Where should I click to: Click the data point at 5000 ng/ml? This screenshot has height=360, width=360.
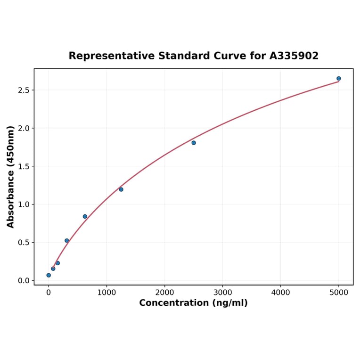(338, 79)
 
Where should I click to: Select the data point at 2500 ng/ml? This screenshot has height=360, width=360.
(194, 143)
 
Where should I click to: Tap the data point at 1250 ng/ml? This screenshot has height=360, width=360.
(121, 189)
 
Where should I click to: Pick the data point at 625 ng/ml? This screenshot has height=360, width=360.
(85, 217)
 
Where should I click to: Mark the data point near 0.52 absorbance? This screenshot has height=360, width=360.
(67, 241)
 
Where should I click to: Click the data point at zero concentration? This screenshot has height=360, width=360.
(49, 275)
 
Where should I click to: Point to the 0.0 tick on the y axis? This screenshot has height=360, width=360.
(24, 281)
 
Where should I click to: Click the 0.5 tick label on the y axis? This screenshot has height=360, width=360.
(24, 243)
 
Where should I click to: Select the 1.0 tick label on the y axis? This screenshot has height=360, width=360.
(24, 205)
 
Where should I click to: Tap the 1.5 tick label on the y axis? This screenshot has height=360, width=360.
(24, 166)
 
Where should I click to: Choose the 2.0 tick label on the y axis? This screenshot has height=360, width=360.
(24, 128)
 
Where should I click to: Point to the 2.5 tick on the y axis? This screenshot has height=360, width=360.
(24, 90)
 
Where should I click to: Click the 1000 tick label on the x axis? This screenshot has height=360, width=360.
(106, 293)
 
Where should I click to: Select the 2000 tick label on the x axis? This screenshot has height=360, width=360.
(164, 293)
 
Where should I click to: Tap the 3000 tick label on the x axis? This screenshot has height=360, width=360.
(222, 293)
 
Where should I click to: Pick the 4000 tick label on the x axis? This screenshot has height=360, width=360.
(281, 293)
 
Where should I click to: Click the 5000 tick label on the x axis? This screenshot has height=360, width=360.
(339, 293)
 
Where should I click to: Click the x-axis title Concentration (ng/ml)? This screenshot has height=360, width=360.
(193, 303)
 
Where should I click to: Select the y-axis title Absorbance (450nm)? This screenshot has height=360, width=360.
(11, 177)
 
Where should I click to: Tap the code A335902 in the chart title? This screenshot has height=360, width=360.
(294, 56)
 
